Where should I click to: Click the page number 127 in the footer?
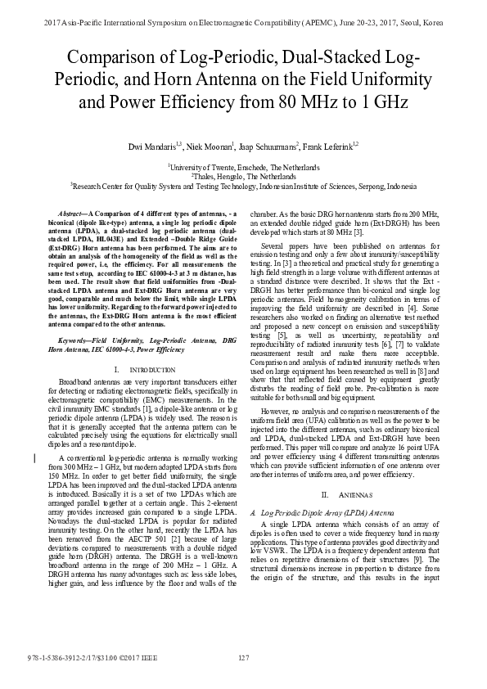(243, 659)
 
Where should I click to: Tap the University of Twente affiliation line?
(243, 164)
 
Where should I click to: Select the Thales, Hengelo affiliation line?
(243, 175)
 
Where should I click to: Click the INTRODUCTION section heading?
(152, 370)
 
